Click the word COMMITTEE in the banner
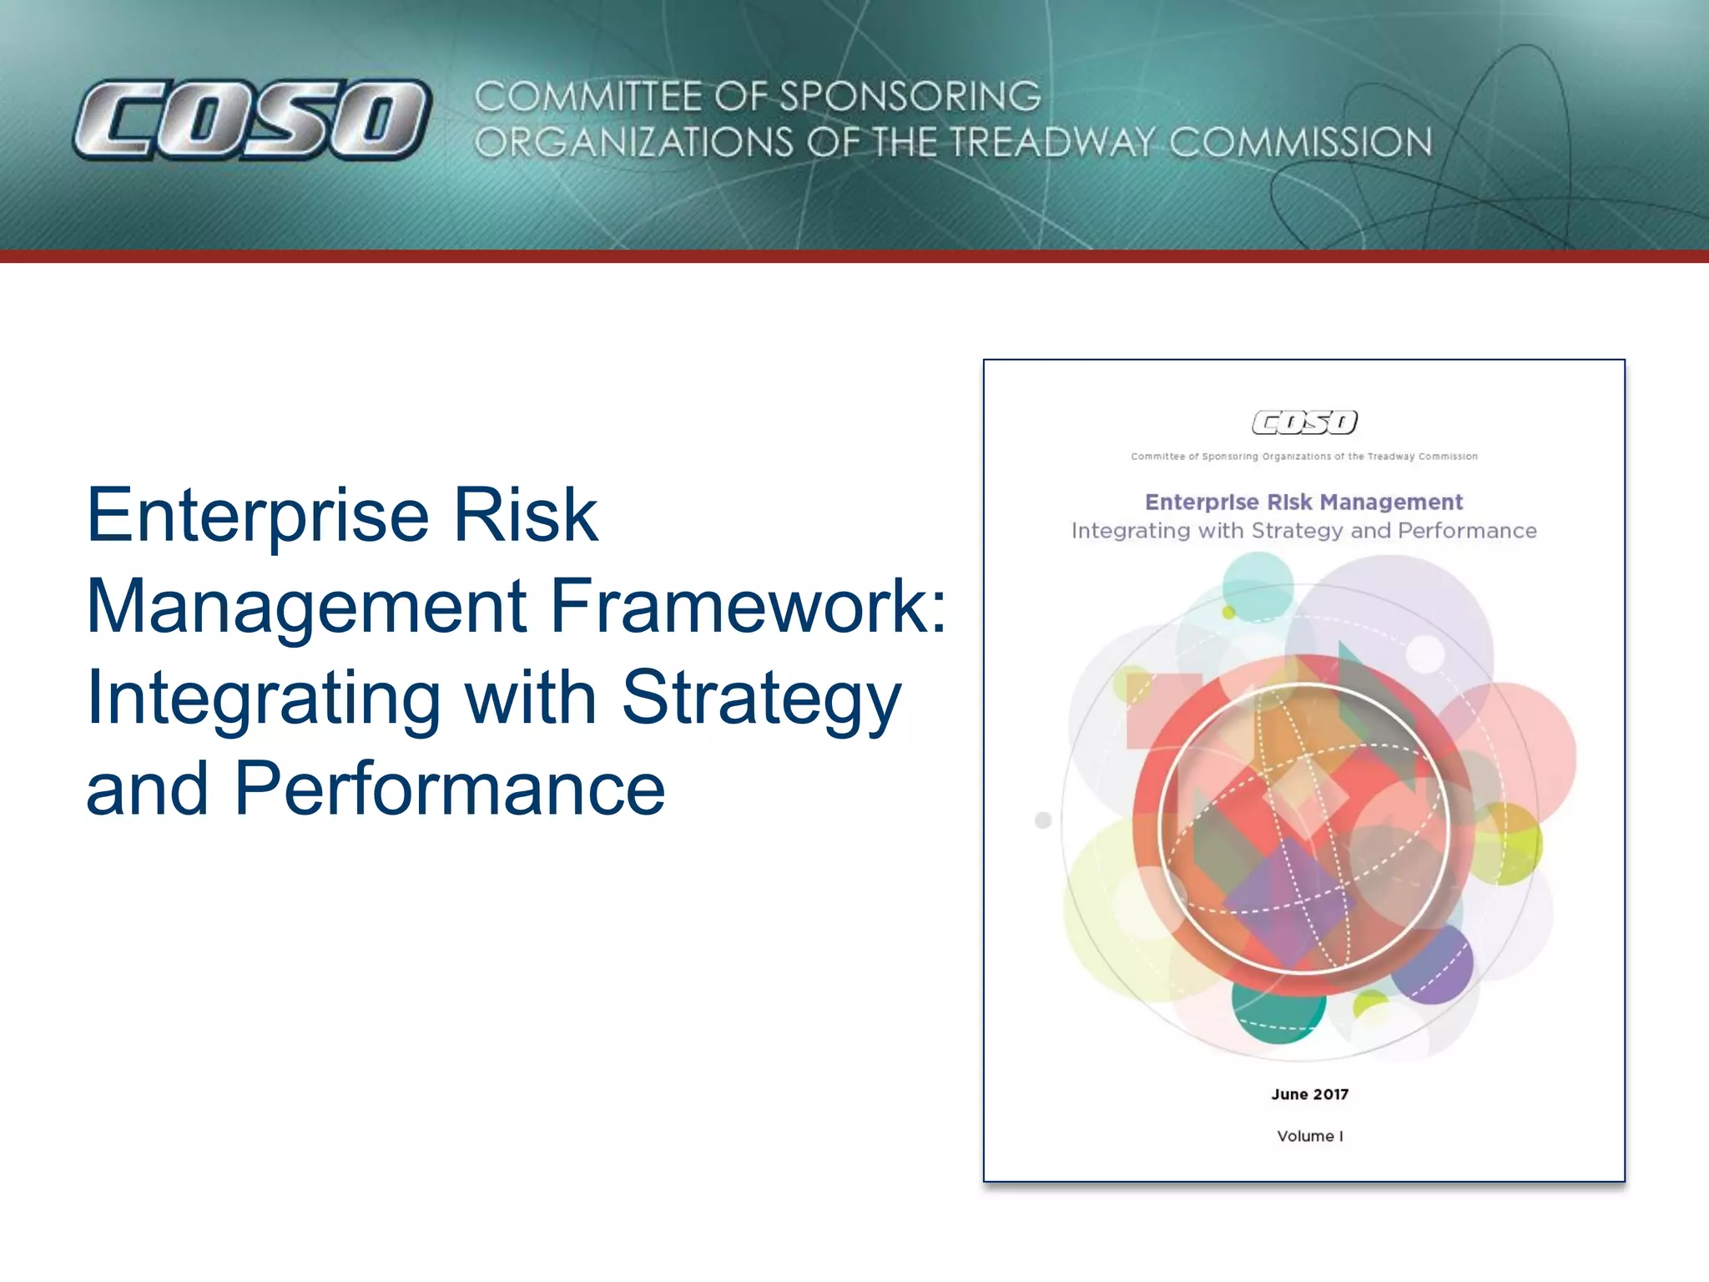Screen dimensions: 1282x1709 (589, 97)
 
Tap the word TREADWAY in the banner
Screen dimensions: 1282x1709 (1052, 143)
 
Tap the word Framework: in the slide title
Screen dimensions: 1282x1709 (748, 606)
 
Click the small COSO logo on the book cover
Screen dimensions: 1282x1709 (1304, 422)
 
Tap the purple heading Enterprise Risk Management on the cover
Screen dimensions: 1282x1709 (1303, 502)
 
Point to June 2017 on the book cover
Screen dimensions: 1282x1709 (1309, 1094)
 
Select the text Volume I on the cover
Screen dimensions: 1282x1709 (1309, 1136)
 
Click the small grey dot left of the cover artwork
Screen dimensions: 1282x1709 (1043, 820)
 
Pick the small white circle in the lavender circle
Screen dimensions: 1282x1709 (1424, 654)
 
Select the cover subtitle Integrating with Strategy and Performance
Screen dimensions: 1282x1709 (1303, 531)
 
